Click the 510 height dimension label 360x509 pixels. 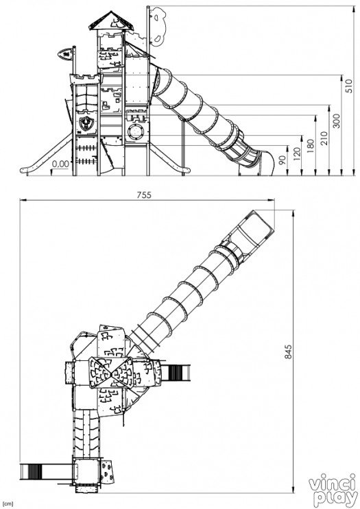pos(349,86)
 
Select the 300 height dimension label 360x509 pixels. pos(337,121)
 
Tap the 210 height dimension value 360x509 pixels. pos(323,138)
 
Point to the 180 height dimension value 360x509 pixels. pos(311,146)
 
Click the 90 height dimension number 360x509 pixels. pos(283,160)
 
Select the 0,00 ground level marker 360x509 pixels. pos(61,164)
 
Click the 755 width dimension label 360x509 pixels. pos(144,195)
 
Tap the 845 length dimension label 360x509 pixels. pos(288,352)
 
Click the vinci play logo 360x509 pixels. pos(333,490)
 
